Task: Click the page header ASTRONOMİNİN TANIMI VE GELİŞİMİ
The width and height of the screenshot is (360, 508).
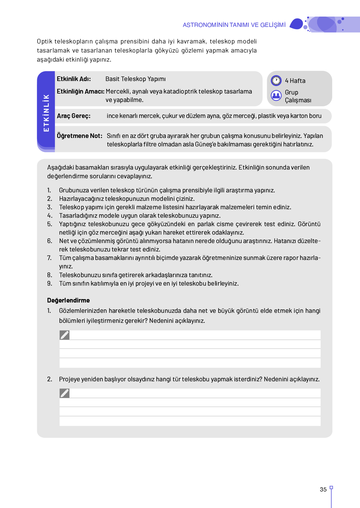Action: click(234, 25)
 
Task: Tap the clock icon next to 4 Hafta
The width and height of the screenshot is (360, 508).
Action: click(276, 81)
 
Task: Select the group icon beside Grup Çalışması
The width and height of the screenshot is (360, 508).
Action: click(276, 95)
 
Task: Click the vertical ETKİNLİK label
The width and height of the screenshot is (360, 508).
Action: click(46, 113)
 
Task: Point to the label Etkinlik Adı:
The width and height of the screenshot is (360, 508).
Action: click(74, 79)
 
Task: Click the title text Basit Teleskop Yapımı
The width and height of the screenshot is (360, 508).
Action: click(136, 79)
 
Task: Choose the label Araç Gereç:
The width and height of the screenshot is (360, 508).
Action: click(74, 116)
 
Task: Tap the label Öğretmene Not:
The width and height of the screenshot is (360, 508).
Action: click(79, 136)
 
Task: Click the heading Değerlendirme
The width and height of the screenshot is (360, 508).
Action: click(68, 300)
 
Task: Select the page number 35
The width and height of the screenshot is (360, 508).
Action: click(323, 490)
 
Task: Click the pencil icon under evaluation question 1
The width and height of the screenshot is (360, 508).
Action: click(65, 335)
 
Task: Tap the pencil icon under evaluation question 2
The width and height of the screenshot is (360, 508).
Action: click(65, 393)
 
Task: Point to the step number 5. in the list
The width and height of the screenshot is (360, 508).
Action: click(50, 224)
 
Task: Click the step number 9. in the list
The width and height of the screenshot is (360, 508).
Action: click(50, 284)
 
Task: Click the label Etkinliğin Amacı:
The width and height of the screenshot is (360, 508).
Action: click(80, 91)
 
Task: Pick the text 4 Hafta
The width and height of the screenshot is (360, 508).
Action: click(295, 81)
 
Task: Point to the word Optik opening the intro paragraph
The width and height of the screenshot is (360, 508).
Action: click(44, 42)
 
